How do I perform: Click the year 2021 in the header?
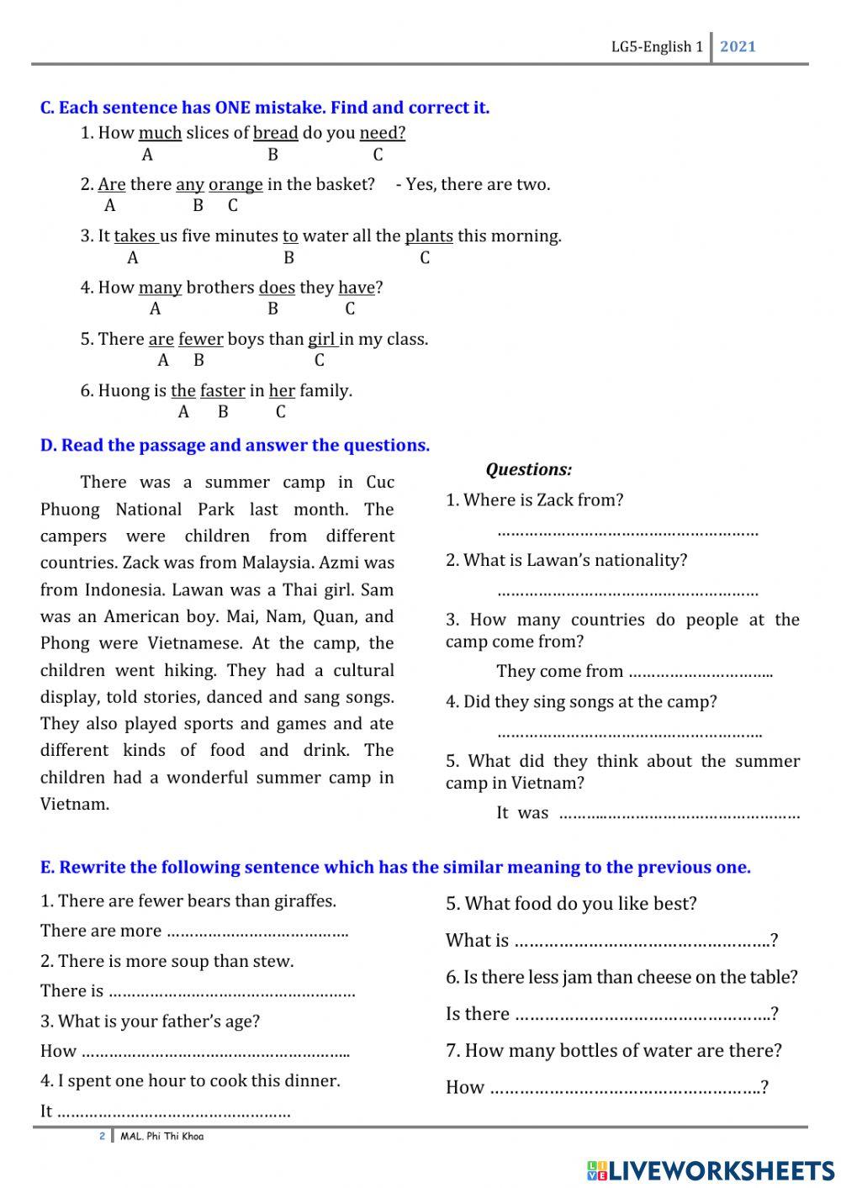pyautogui.click(x=738, y=47)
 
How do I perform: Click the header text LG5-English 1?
pyautogui.click(x=656, y=47)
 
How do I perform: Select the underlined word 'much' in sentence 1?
pyautogui.click(x=160, y=133)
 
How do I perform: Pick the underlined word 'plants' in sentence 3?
pyautogui.click(x=429, y=236)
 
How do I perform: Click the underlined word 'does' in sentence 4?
pyautogui.click(x=277, y=288)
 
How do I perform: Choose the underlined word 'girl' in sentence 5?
pyautogui.click(x=322, y=340)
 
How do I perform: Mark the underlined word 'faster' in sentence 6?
pyautogui.click(x=223, y=391)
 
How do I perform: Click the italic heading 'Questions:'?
pyautogui.click(x=528, y=470)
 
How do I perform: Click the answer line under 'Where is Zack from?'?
pyautogui.click(x=627, y=532)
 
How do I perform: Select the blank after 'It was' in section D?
pyautogui.click(x=680, y=814)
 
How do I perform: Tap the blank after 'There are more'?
pyautogui.click(x=257, y=932)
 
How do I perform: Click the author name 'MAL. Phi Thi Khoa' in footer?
pyautogui.click(x=162, y=1137)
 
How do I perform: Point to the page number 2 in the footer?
pyautogui.click(x=103, y=1137)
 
